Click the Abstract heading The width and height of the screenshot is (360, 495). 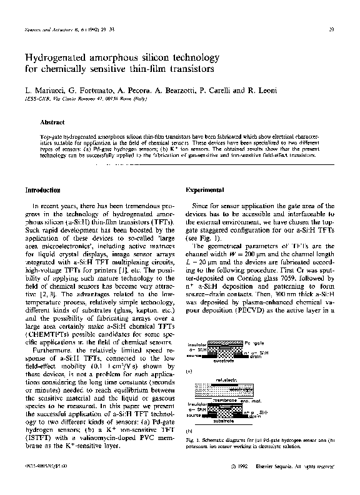(x=52, y=122)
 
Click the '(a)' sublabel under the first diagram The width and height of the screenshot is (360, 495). (x=189, y=371)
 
